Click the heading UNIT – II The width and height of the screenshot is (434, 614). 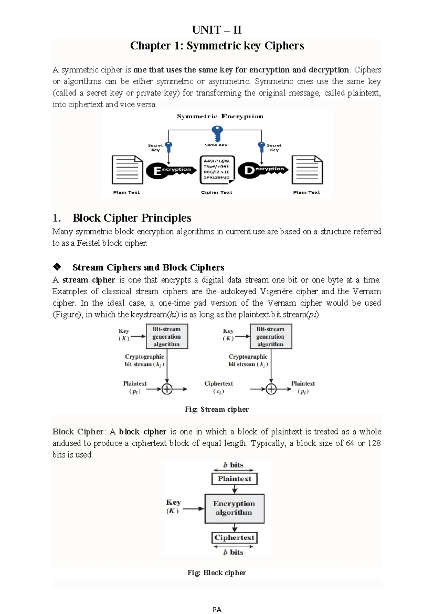tap(217, 30)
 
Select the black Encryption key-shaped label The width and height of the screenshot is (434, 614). tap(170, 170)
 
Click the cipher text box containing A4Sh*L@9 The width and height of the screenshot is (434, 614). tap(217, 169)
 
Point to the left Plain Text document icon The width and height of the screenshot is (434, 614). tap(127, 170)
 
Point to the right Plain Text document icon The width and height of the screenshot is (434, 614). tap(307, 170)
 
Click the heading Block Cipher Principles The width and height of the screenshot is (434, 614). tap(132, 218)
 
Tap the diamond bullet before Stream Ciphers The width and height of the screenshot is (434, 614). tap(57, 267)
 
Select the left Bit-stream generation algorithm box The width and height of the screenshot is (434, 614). tap(166, 336)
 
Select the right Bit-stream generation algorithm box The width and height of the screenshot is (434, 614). tap(271, 336)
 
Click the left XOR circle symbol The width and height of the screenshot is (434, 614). tap(167, 389)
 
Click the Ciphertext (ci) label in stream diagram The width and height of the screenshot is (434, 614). tap(218, 387)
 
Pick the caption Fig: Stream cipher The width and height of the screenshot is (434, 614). tap(217, 409)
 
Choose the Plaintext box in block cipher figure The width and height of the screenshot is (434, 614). tap(234, 479)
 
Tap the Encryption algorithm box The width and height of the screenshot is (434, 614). tap(234, 508)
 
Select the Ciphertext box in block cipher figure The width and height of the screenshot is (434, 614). tap(234, 538)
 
